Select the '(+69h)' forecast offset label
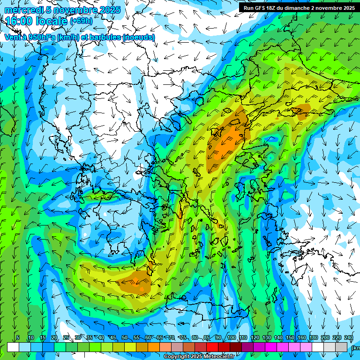pos(81,21)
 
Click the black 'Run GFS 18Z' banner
pos(298,7)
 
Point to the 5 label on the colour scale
pos(18,338)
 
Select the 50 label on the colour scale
pos(124,338)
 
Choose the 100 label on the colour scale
pos(231,338)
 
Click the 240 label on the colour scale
pos(349,338)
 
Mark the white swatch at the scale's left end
pos(13,347)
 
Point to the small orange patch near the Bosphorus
pos(300,111)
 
